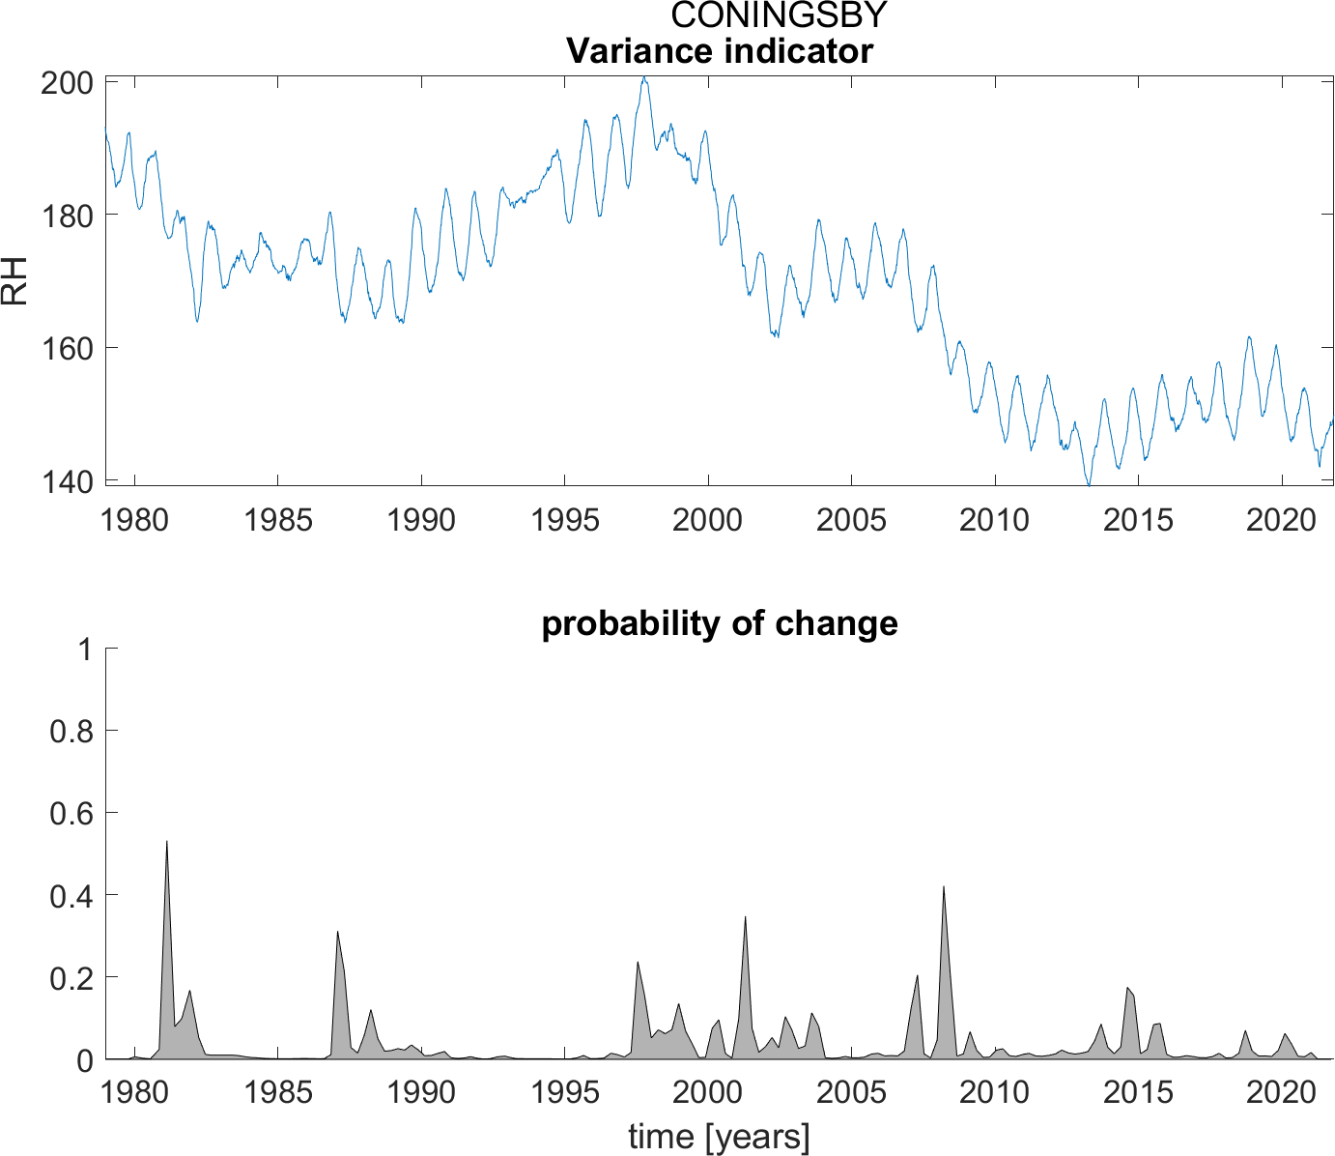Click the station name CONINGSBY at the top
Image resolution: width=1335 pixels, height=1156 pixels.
click(779, 15)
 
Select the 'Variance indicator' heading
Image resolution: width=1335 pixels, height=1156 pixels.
click(719, 50)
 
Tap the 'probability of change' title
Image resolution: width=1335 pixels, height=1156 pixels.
click(719, 623)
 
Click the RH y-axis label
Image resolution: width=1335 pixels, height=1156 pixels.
click(15, 281)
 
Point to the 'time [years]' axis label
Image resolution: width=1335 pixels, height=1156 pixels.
click(719, 1137)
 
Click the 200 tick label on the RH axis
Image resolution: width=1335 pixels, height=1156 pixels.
click(67, 83)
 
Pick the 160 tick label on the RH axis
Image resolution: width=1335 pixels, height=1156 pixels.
click(67, 348)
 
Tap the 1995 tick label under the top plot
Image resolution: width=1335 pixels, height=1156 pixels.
click(565, 520)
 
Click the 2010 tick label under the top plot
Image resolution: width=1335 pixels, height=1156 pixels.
click(994, 520)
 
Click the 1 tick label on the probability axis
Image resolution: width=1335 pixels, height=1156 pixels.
click(86, 650)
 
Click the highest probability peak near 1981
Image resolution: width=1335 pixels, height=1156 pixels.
click(167, 841)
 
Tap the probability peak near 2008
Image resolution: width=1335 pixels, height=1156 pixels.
click(943, 886)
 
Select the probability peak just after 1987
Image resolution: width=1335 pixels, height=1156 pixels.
click(337, 932)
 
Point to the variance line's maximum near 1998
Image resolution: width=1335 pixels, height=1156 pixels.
click(644, 77)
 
